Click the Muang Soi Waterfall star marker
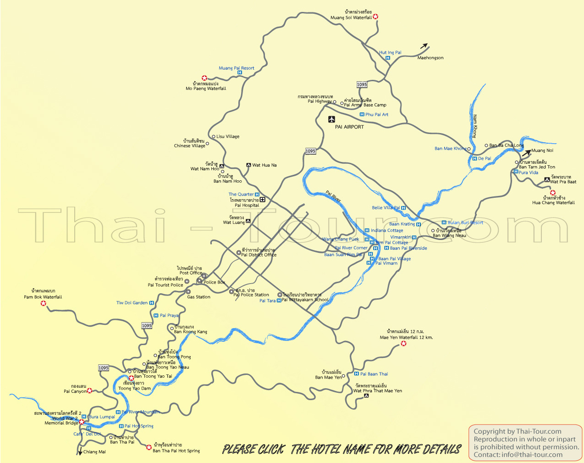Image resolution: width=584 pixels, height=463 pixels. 375,17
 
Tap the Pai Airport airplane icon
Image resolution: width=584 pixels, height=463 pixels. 332,120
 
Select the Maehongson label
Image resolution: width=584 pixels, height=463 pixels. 430,58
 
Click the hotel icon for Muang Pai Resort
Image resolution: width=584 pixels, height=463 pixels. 239,73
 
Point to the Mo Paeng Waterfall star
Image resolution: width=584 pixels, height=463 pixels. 204,78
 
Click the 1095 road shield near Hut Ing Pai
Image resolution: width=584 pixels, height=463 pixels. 362,84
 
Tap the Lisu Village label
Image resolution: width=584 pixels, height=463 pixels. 228,137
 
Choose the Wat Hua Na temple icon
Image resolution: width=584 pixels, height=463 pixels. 248,165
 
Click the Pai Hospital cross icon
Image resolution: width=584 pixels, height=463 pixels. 263,200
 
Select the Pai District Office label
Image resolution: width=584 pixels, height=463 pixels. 259,255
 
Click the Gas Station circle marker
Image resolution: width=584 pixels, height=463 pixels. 188,292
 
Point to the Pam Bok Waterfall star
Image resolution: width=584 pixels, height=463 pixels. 44,303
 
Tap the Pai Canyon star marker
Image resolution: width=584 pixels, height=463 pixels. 90,391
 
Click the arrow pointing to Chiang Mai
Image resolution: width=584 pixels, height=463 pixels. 80,452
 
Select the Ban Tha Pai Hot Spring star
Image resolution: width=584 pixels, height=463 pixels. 149,447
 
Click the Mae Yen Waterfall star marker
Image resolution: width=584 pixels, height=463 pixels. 403,343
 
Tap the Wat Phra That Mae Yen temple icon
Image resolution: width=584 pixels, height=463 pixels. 366,396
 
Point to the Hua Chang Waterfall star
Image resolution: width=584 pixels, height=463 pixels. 553,193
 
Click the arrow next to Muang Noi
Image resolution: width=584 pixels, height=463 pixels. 526,152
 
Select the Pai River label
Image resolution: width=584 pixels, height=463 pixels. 333,196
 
